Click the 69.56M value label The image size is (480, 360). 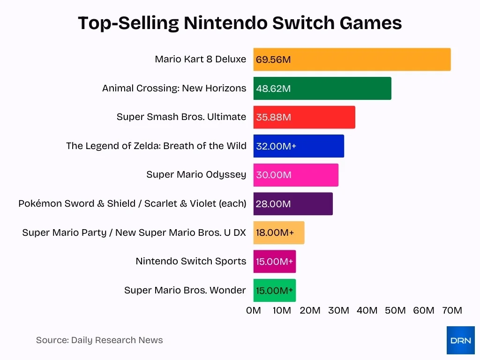tap(273, 60)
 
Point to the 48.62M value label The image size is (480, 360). tap(273, 89)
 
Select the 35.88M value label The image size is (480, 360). tap(273, 118)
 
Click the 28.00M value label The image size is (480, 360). tap(273, 204)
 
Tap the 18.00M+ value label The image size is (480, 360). tap(275, 233)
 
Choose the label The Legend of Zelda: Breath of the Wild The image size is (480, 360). tap(156, 146)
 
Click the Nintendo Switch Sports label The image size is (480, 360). tap(191, 261)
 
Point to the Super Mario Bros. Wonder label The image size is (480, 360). tap(185, 290)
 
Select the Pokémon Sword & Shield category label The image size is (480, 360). tap(132, 203)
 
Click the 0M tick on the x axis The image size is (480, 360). tap(254, 310)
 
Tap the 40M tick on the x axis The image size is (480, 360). tap(367, 310)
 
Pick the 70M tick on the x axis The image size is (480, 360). tap(452, 310)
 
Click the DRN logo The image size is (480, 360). tap(460, 340)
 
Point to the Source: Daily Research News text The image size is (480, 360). tap(99, 340)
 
